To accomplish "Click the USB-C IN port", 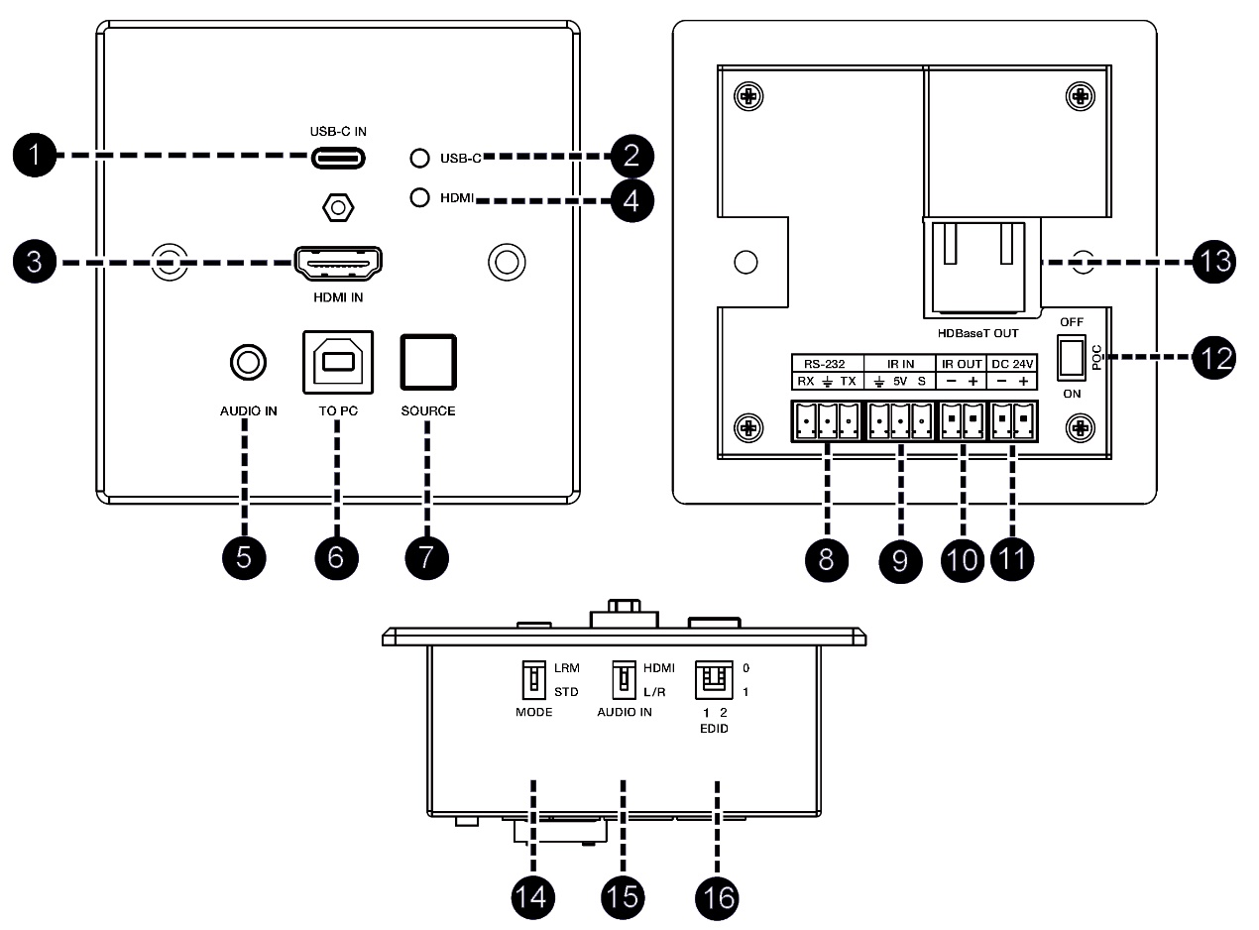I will [x=338, y=158].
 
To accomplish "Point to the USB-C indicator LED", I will [x=420, y=158].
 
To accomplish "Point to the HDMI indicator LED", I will [x=420, y=196].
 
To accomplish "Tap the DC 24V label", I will [x=1013, y=364].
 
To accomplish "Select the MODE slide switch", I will [x=533, y=679].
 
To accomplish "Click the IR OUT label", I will [x=960, y=364].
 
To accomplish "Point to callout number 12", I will [x=1212, y=358].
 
